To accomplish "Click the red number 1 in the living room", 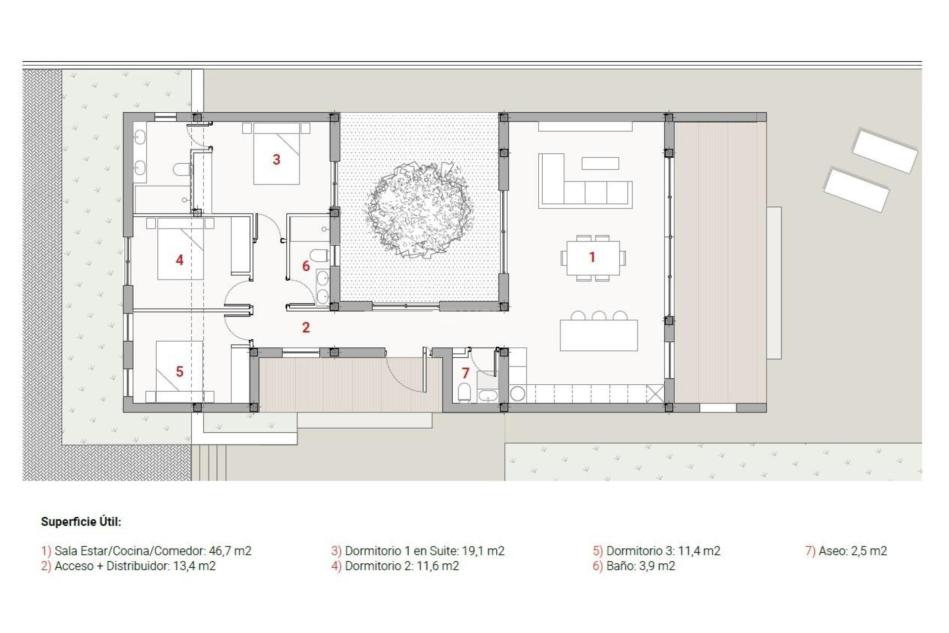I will (x=592, y=257).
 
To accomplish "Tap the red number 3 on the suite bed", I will (x=277, y=159).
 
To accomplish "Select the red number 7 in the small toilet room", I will (x=465, y=373).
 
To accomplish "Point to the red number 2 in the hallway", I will (x=306, y=327).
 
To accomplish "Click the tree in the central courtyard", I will (x=419, y=210).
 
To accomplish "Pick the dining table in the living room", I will (x=593, y=258).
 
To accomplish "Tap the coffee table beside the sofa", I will (x=600, y=163).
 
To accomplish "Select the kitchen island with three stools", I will (x=599, y=335).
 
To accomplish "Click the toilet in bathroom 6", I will (x=320, y=256).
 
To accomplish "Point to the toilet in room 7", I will (x=464, y=393).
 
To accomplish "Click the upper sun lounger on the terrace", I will (x=885, y=150).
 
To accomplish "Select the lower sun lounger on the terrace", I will (x=856, y=190).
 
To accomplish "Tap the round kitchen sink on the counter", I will (x=518, y=394).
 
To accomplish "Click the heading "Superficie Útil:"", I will (x=81, y=522).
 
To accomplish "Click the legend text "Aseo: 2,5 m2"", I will (x=852, y=551).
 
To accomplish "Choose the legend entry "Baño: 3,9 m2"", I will (x=640, y=566).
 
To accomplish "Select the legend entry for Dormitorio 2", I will (x=401, y=566).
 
